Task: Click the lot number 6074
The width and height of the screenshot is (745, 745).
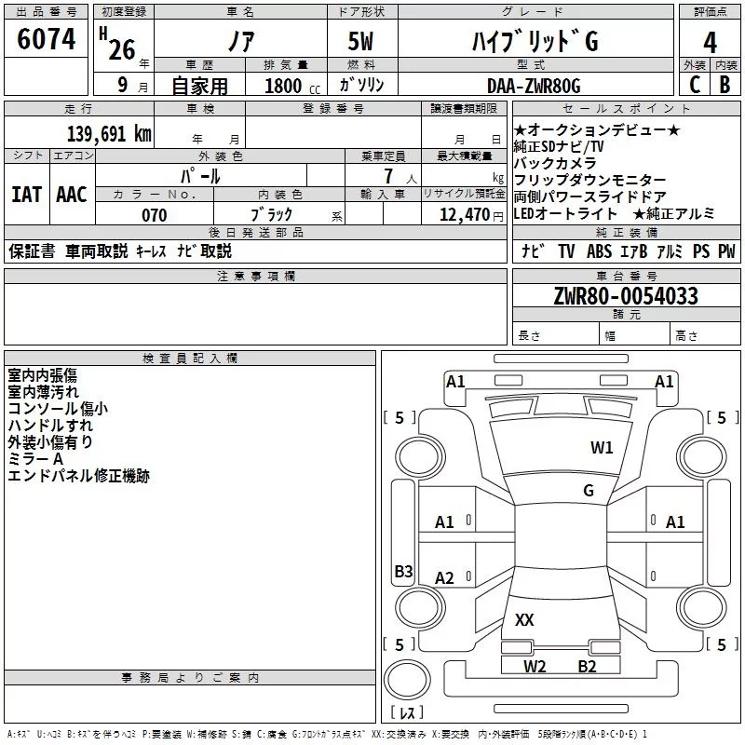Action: click(x=47, y=39)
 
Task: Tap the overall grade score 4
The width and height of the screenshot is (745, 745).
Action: click(x=710, y=42)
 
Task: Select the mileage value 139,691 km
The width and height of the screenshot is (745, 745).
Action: click(x=108, y=133)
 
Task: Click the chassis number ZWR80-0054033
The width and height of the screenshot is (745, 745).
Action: click(x=626, y=296)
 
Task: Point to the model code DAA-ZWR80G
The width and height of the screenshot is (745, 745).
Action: click(x=533, y=86)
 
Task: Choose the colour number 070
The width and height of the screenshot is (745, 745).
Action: click(x=154, y=215)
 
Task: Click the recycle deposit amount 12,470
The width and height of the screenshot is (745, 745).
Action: click(x=465, y=215)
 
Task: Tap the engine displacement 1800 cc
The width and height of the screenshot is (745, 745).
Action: click(x=285, y=86)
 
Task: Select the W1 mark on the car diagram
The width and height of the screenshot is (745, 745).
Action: click(x=602, y=447)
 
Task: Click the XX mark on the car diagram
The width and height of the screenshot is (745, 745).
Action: click(x=524, y=619)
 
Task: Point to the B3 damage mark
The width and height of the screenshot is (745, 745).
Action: click(x=403, y=572)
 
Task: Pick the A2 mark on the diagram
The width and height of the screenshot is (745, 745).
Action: click(x=445, y=578)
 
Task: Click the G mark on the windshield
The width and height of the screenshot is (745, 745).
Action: click(x=588, y=490)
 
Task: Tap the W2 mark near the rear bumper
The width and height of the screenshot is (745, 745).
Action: click(x=535, y=666)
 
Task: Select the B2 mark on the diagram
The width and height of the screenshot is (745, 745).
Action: click(x=587, y=666)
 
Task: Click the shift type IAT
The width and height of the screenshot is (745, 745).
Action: click(x=26, y=195)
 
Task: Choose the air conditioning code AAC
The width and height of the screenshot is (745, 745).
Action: click(x=72, y=195)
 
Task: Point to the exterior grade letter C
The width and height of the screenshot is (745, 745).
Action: click(x=694, y=85)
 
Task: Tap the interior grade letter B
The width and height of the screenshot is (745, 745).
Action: click(x=725, y=85)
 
